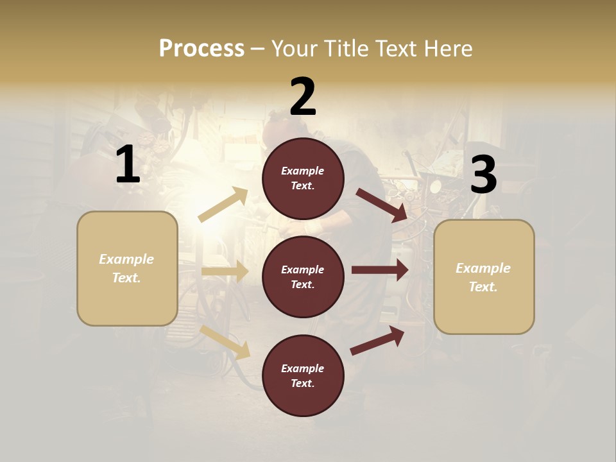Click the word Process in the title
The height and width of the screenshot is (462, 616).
[x=201, y=49]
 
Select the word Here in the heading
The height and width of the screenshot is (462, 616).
[x=447, y=49]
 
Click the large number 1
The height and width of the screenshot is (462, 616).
[x=128, y=165]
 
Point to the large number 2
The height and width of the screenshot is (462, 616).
[x=303, y=97]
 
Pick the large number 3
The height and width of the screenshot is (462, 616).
[x=483, y=175]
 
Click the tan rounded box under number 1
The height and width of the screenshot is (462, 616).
[x=127, y=268]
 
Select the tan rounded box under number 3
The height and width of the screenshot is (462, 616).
[x=484, y=277]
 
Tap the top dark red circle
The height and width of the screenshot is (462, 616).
[x=303, y=178]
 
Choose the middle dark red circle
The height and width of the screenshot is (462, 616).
[x=303, y=277]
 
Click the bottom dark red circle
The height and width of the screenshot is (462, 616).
[x=303, y=375]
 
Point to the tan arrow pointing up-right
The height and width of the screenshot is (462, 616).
[x=223, y=205]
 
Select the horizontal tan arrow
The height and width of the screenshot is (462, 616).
[x=225, y=271]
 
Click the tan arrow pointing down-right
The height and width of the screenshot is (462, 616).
[x=225, y=342]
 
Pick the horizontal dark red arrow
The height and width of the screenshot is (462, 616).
[x=380, y=270]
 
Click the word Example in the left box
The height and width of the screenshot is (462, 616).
[x=126, y=259]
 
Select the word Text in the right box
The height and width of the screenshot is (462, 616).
[x=483, y=287]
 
